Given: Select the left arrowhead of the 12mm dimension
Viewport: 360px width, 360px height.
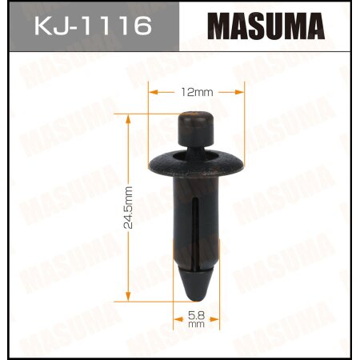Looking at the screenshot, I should pyautogui.click(x=152, y=92).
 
